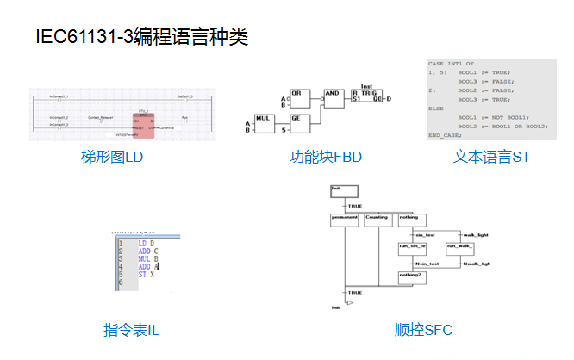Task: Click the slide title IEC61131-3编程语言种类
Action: point(142,37)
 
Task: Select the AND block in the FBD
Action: point(333,96)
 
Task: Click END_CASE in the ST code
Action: point(446,135)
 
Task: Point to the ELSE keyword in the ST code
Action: point(438,109)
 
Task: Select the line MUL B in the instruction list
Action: point(148,258)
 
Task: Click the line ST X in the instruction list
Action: point(147,274)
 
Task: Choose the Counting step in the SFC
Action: point(377,219)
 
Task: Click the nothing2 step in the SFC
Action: point(411,275)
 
